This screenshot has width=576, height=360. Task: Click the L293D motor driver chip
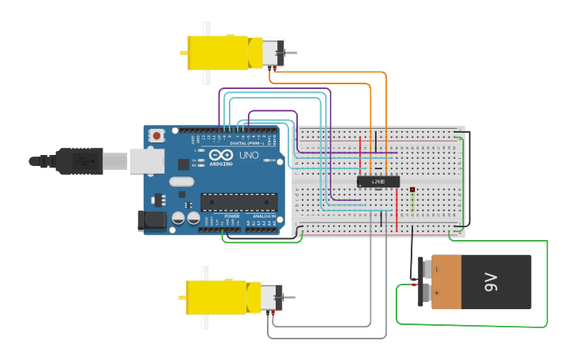tap(377, 182)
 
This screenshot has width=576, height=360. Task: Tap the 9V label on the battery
tap(490, 281)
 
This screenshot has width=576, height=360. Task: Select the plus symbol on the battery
tap(436, 292)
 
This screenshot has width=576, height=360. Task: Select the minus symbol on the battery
tap(436, 269)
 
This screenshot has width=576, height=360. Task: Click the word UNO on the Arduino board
tap(248, 154)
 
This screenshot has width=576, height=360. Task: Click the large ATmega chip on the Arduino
tap(238, 203)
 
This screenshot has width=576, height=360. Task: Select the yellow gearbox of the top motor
tap(218, 52)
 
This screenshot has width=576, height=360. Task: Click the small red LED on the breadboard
tap(413, 189)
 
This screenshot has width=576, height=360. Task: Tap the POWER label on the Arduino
tap(232, 215)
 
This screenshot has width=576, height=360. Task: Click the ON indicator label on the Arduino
tap(273, 161)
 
